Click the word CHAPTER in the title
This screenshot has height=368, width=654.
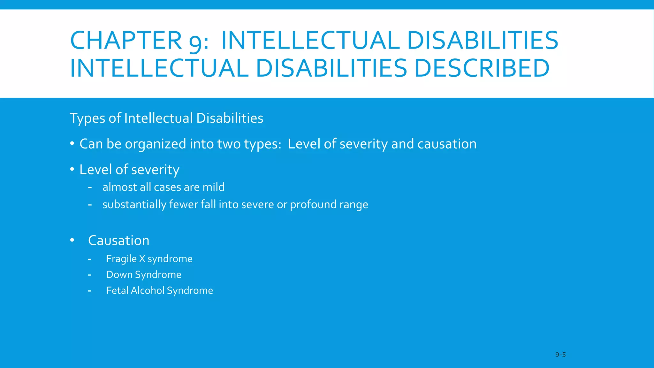click(x=126, y=41)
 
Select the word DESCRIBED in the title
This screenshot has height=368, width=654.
click(x=482, y=68)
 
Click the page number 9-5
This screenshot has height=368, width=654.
click(x=560, y=355)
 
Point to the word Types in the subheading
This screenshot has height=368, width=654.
click(x=87, y=118)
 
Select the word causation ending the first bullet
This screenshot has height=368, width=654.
click(x=447, y=144)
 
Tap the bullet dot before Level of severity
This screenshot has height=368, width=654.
click(x=72, y=169)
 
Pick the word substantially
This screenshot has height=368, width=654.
click(x=134, y=204)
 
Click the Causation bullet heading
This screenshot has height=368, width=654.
click(x=118, y=241)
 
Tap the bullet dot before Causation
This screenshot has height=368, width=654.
click(x=72, y=240)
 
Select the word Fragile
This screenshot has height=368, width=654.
click(x=121, y=259)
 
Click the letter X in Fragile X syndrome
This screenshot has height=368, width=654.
click(x=142, y=259)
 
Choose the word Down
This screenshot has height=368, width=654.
click(x=119, y=275)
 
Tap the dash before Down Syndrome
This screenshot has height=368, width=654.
click(x=90, y=275)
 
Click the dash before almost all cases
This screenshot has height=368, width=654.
click(x=90, y=187)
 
